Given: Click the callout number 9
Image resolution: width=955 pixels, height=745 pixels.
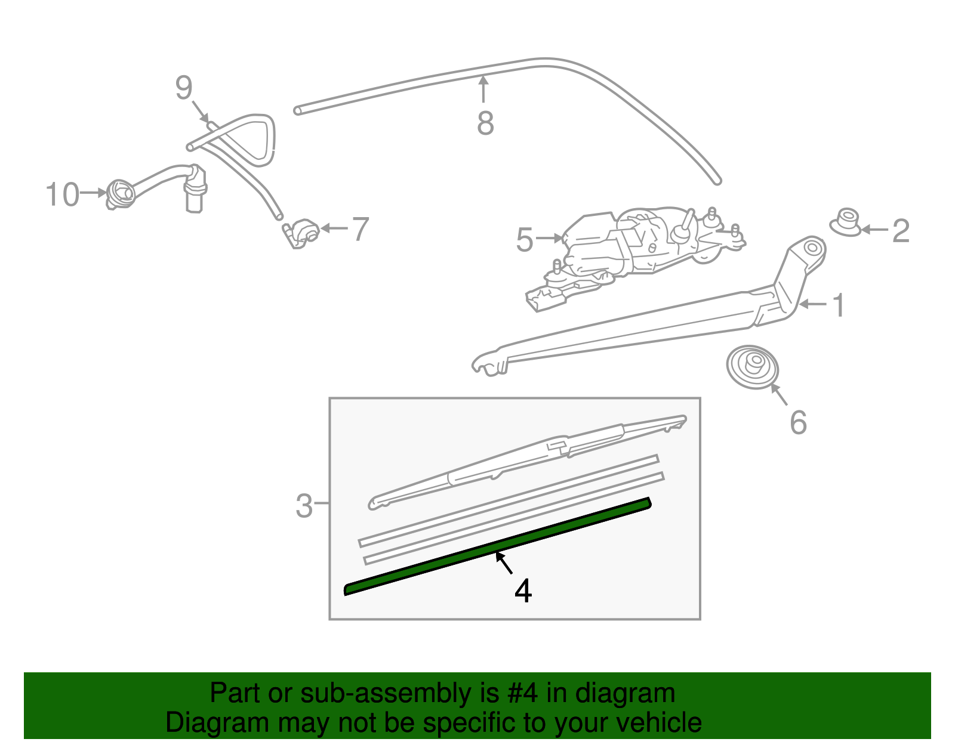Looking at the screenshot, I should (184, 88).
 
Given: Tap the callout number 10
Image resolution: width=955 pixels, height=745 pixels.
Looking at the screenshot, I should (63, 195).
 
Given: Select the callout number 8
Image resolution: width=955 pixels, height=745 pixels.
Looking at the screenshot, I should (485, 124).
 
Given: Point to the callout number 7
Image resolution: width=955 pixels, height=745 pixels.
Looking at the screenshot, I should (361, 229).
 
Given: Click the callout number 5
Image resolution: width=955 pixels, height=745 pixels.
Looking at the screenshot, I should (525, 240).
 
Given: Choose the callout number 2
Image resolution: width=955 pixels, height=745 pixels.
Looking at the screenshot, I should (901, 231).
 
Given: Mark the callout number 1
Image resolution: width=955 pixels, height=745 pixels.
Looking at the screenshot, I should (839, 305).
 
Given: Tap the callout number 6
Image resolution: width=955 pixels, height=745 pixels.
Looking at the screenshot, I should (798, 423).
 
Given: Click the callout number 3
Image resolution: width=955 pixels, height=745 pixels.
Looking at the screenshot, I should (304, 506).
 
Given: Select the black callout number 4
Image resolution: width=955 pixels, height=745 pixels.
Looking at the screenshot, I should (523, 591).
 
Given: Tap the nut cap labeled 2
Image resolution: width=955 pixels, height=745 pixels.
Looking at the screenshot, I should (846, 222).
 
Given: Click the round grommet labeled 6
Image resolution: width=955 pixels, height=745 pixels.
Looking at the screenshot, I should (752, 366).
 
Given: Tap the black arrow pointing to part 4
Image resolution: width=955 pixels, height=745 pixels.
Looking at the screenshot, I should (504, 563).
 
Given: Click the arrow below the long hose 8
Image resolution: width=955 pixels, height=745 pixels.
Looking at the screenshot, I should (483, 90).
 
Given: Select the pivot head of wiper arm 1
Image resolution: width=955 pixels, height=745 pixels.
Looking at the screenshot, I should (809, 249).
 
